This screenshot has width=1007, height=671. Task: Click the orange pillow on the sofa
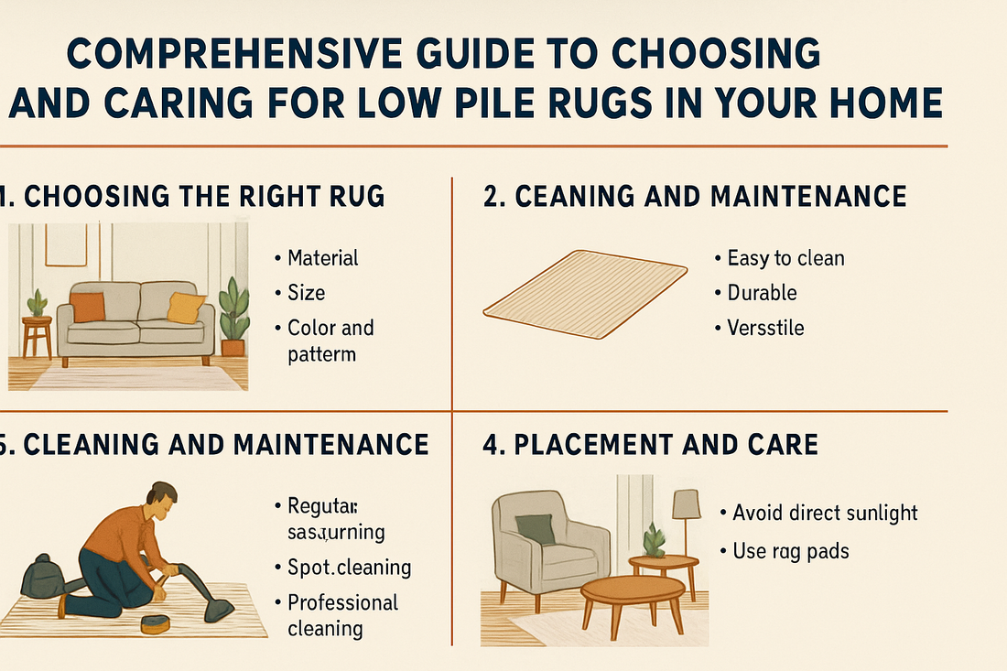coord(88,307)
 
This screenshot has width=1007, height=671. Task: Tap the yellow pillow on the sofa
coord(186,308)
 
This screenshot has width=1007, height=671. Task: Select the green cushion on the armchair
coord(535,529)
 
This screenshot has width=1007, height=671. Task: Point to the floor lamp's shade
coord(687,503)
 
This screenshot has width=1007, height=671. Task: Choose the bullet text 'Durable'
coord(762,293)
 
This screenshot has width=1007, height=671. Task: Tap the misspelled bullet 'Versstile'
coord(765,328)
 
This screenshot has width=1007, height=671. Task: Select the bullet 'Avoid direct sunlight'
coord(825,513)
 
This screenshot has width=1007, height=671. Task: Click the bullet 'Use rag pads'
coord(791,551)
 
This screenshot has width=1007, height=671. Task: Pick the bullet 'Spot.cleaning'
coord(349,568)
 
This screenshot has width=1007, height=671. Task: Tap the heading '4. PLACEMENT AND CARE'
coord(651,445)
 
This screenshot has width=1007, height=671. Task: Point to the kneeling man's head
coord(162,500)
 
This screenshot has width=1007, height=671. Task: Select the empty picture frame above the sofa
coord(66,244)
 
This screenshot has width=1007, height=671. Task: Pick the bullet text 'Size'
coord(306,293)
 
